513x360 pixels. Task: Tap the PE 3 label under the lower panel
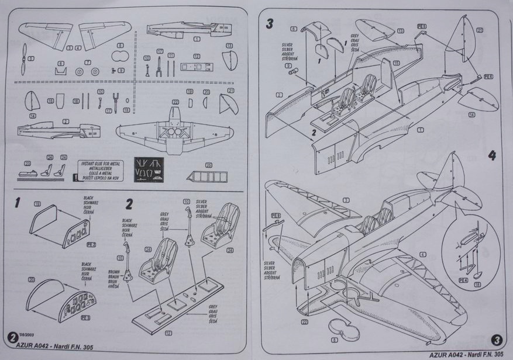click(85, 317)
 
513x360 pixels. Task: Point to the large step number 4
click(492, 156)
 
